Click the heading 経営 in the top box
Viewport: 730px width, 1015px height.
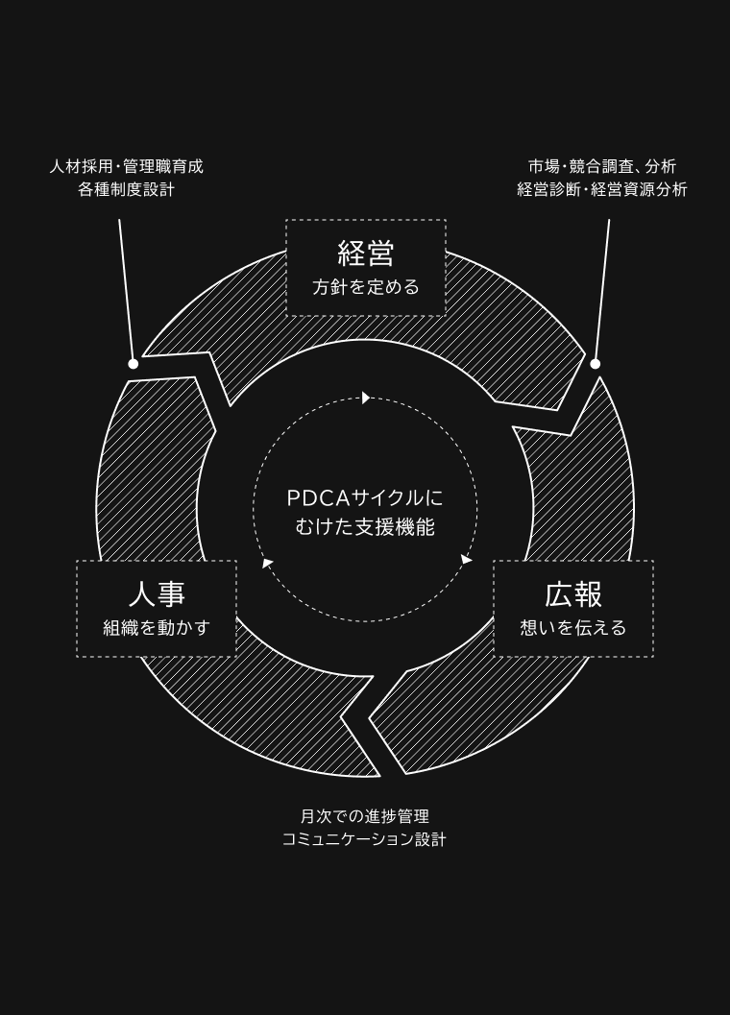pyautogui.click(x=366, y=254)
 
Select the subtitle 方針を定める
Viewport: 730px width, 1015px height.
pyautogui.click(x=366, y=287)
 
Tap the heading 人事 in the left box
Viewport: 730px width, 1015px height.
pyautogui.click(x=157, y=594)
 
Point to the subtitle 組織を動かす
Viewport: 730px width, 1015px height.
pyautogui.click(x=157, y=628)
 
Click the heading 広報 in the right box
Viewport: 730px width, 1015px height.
pyautogui.click(x=573, y=594)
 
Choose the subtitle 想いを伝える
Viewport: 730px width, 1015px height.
pyautogui.click(x=573, y=628)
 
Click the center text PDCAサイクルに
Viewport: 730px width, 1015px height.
pyautogui.click(x=365, y=498)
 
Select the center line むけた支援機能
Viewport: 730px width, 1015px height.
pyautogui.click(x=365, y=527)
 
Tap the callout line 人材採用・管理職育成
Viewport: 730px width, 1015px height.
pyautogui.click(x=127, y=166)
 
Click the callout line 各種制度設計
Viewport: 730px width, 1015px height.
pyautogui.click(x=127, y=189)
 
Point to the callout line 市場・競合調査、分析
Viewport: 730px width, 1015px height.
pyautogui.click(x=602, y=166)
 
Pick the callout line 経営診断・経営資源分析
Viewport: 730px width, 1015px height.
pyautogui.click(x=602, y=189)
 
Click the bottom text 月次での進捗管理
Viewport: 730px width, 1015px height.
pyautogui.click(x=365, y=816)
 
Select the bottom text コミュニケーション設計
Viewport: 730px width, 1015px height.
pyautogui.click(x=365, y=839)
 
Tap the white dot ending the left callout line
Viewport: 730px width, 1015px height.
pyautogui.click(x=134, y=364)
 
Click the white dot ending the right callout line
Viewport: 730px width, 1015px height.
pyautogui.click(x=596, y=364)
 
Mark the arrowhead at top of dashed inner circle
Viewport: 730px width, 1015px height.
pyautogui.click(x=366, y=398)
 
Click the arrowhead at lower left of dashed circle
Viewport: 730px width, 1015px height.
pyautogui.click(x=267, y=563)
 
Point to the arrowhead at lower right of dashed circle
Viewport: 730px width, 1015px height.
pyautogui.click(x=466, y=559)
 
